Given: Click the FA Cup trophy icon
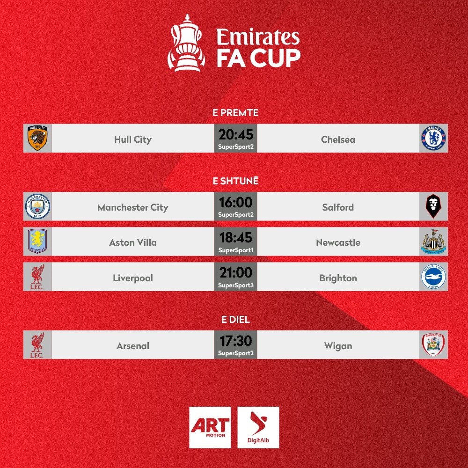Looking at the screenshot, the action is [x=186, y=43].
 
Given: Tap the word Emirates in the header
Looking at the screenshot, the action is [x=258, y=37].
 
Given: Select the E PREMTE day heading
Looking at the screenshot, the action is [x=235, y=113].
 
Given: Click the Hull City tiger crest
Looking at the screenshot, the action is [x=37, y=138].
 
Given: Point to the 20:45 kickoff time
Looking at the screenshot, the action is [x=236, y=134].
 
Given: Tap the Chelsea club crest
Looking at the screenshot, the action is [x=433, y=138].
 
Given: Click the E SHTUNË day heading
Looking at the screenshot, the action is [x=235, y=181].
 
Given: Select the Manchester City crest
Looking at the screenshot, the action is [x=37, y=206].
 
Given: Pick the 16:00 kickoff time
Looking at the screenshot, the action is [x=236, y=202].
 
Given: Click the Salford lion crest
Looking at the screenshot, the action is [x=433, y=206].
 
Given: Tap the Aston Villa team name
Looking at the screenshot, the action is [x=133, y=242].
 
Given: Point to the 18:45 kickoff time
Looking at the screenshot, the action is [x=236, y=238].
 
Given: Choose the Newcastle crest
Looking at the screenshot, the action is [x=433, y=241].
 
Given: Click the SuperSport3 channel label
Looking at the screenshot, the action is [x=236, y=285].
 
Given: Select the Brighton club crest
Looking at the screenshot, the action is [x=433, y=277].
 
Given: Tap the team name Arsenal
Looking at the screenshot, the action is [x=133, y=346].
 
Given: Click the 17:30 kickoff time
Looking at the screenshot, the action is [x=236, y=341].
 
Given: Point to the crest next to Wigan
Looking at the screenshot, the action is [x=433, y=345].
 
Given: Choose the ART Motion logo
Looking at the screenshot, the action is [x=210, y=427].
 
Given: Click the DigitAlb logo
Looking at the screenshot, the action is [x=258, y=427].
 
